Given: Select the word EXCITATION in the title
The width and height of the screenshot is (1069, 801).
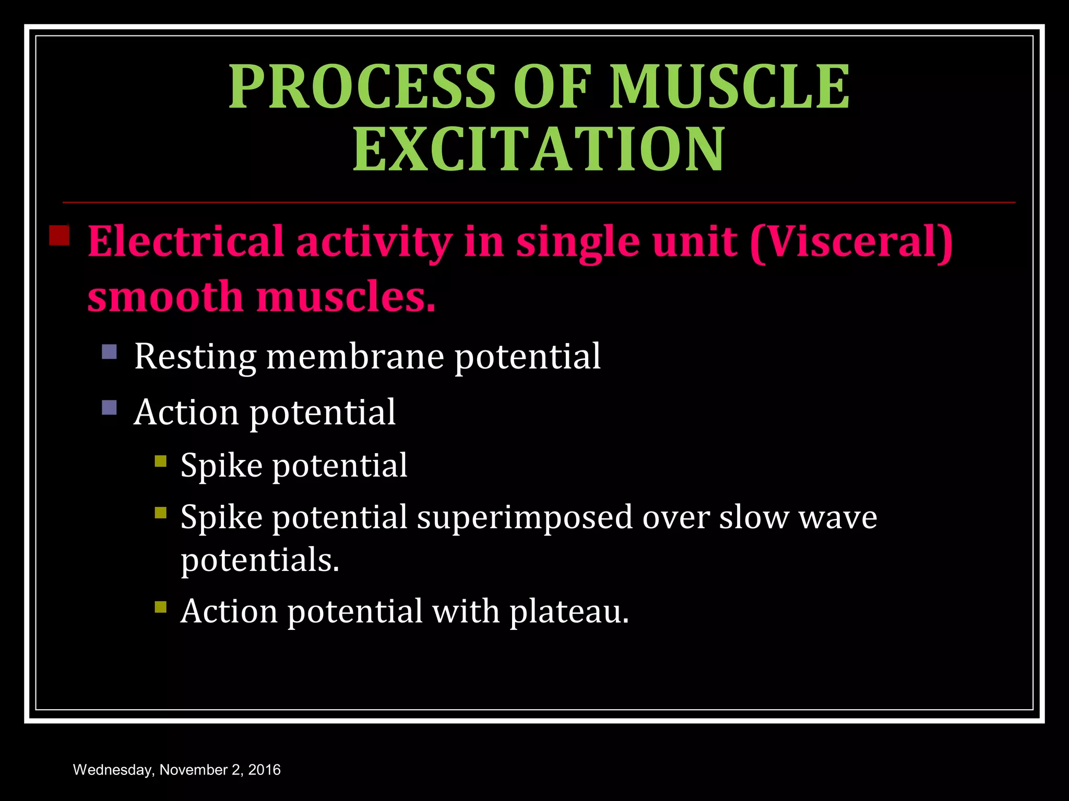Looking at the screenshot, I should (x=539, y=150).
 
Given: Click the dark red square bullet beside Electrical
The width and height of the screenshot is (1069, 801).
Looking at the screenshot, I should (x=60, y=235).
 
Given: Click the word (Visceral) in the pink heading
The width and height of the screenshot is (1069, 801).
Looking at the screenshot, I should (x=851, y=242).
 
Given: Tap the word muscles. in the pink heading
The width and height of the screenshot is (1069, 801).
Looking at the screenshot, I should (x=345, y=297).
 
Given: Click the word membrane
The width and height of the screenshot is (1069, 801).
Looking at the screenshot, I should (x=355, y=357).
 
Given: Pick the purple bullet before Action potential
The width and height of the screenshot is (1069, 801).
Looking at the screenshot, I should (x=110, y=407).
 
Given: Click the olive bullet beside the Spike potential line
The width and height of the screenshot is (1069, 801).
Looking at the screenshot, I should (x=161, y=461).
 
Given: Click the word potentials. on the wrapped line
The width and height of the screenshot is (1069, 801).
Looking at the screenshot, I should (x=260, y=561).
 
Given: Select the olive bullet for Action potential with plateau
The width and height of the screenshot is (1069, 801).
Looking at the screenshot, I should (x=161, y=607).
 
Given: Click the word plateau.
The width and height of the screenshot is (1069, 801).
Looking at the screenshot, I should (x=569, y=611).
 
